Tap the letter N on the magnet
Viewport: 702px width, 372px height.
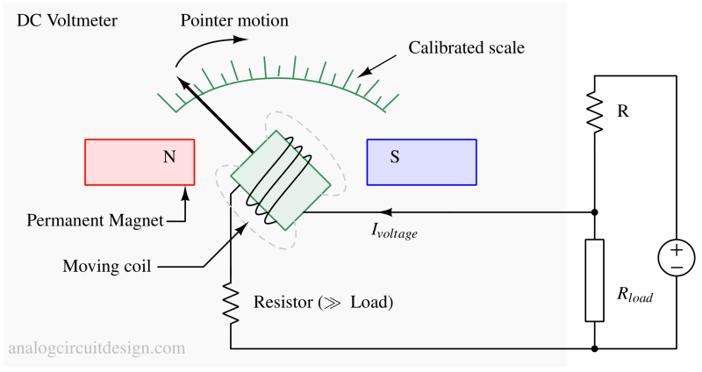pos(169,158)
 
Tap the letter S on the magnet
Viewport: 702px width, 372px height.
pos(395,158)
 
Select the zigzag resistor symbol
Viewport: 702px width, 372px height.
pos(231,304)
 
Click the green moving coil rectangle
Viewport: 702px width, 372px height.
pos(281,180)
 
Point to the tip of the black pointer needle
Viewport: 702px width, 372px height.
pos(181,82)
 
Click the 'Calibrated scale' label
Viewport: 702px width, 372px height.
pos(466,47)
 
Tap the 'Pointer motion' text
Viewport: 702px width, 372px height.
pos(233,19)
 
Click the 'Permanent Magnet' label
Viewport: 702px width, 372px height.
pos(95,220)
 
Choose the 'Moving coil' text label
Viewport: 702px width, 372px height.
pos(106,266)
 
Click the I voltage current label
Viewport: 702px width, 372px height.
pos(394,232)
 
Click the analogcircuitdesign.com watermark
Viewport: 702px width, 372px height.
pos(97,348)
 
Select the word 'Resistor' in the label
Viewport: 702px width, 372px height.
pos(283,304)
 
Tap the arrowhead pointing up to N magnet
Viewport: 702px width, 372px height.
pos(185,192)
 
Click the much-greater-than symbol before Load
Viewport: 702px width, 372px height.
pos(333,304)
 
